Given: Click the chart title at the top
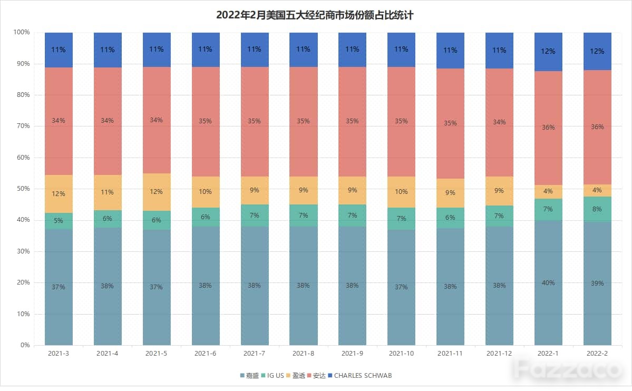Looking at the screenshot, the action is (315, 15).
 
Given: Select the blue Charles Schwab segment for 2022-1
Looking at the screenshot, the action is (548, 52).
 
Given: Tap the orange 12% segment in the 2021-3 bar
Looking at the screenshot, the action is (59, 194).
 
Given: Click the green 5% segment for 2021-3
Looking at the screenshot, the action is (59, 221).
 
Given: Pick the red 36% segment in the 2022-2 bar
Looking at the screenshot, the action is (597, 127).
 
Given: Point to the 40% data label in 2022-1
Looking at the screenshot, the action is (548, 283).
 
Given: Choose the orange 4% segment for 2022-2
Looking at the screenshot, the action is (597, 190).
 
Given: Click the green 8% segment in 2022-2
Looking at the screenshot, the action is (597, 209).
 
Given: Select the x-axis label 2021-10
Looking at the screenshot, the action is (402, 354).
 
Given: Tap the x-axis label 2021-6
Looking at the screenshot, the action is (205, 354).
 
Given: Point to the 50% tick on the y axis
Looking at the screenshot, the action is (23, 189).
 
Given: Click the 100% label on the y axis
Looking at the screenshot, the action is (22, 32).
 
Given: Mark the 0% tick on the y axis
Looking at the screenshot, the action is (25, 345).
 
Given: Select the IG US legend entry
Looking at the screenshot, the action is (273, 376).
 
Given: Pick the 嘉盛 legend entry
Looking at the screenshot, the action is (249, 376).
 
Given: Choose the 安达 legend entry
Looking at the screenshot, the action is (316, 376).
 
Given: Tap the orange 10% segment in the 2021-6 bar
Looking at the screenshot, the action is (206, 192).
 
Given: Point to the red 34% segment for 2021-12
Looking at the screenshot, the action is (499, 123).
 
